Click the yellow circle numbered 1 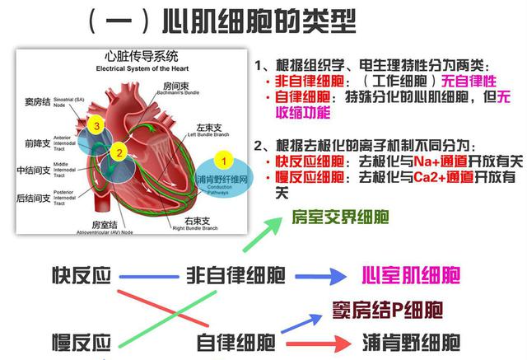click(218, 157)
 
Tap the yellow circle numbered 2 click(119, 152)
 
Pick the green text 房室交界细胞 click(341, 217)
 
